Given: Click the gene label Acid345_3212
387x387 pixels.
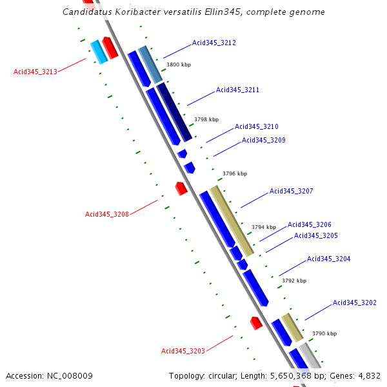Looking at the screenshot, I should (x=214, y=43).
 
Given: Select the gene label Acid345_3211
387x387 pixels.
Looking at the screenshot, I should (x=237, y=90).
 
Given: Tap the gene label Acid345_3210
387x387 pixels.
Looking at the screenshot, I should (x=256, y=127).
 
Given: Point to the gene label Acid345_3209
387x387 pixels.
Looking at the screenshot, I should (x=263, y=140).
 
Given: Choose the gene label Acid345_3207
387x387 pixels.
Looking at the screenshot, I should (x=291, y=191).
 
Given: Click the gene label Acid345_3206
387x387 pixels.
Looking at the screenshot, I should (x=309, y=224).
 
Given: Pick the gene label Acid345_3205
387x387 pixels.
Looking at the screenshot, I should (x=315, y=235).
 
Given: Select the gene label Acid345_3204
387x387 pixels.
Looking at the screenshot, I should (x=328, y=259).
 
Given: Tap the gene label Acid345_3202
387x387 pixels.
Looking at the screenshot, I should (x=354, y=303).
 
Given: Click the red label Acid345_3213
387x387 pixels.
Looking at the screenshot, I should (x=35, y=72).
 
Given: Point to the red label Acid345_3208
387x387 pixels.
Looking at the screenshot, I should (x=107, y=214).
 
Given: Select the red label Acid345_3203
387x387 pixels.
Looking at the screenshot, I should (x=183, y=351).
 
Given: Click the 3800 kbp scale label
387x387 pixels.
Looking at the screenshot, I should (x=179, y=64).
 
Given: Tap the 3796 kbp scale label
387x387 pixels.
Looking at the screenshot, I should (x=235, y=174).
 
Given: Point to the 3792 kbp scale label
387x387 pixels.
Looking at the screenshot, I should (x=294, y=281).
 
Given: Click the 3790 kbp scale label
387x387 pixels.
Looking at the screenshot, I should (x=324, y=333).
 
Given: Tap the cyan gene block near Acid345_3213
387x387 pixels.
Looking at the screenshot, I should (x=98, y=52).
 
